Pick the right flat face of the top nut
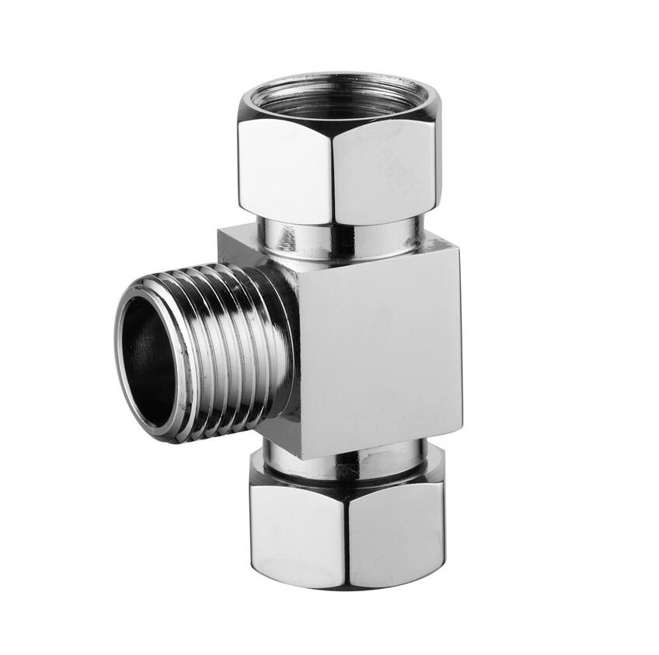[385, 167]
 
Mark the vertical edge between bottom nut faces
[347, 537]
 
